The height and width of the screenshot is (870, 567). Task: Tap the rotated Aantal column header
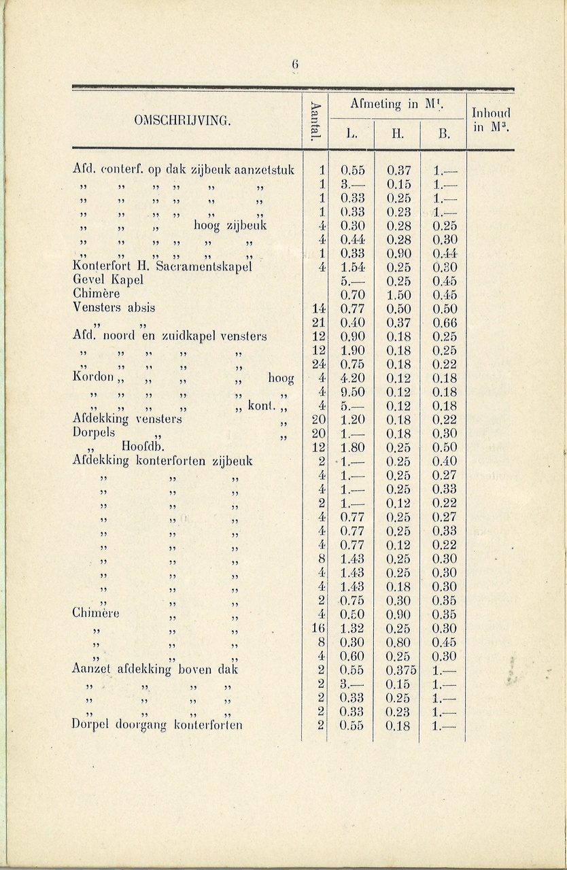(x=314, y=121)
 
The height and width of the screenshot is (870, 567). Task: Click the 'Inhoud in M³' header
(x=490, y=120)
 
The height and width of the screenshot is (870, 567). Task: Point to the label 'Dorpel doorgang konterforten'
(x=157, y=725)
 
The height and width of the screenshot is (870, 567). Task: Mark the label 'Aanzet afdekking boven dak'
(x=155, y=669)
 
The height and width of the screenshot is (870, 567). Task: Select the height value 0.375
(x=398, y=669)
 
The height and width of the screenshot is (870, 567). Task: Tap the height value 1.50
(x=398, y=294)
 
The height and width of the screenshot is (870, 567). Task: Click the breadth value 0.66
(x=444, y=322)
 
